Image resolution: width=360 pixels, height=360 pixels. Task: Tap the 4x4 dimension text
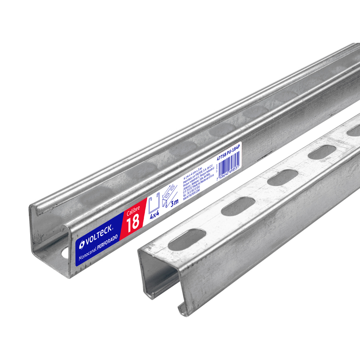point(155,215)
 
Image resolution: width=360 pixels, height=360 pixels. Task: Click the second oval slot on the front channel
point(238,206)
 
